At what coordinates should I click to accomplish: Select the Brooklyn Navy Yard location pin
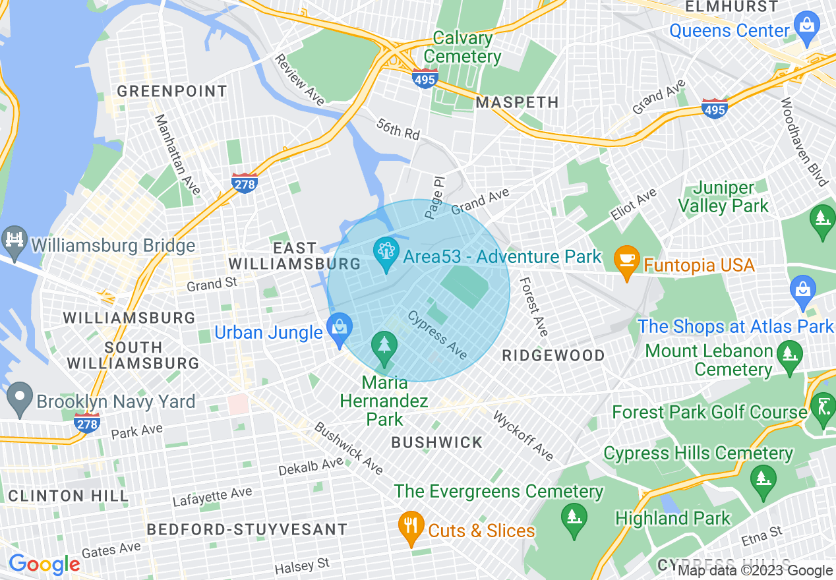tap(20, 397)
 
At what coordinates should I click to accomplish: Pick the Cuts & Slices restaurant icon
tap(411, 527)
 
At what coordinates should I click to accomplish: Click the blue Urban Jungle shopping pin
tap(340, 329)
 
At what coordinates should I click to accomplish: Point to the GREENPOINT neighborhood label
tap(172, 91)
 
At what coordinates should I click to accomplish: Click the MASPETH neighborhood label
tap(517, 102)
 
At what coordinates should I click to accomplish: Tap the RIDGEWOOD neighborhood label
tap(553, 355)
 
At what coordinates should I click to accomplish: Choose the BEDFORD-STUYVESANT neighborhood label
tap(247, 529)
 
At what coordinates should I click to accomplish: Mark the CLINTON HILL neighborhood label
tap(64, 495)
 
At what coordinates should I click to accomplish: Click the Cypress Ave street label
tap(438, 335)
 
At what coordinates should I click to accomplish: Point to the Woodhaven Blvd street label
tap(803, 142)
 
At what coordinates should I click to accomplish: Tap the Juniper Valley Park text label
tap(723, 197)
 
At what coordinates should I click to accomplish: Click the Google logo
tap(44, 564)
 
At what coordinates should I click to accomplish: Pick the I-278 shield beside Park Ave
tap(88, 422)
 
